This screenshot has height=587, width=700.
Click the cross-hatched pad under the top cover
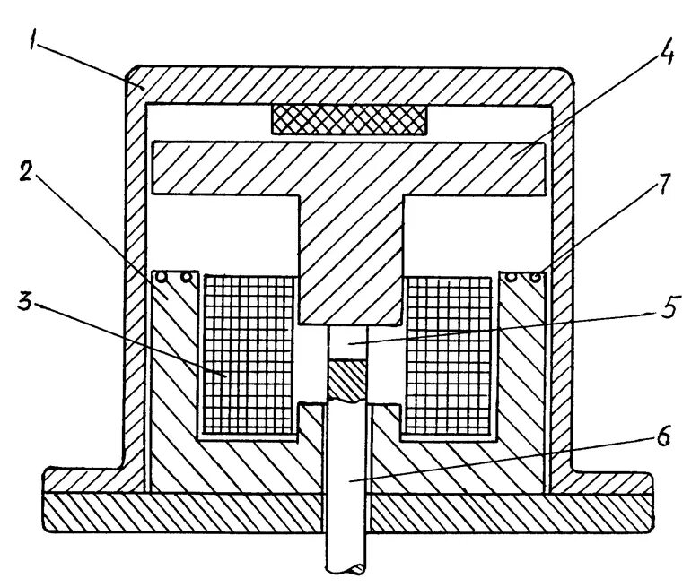coord(348,117)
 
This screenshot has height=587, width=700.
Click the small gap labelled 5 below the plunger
coord(348,341)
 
